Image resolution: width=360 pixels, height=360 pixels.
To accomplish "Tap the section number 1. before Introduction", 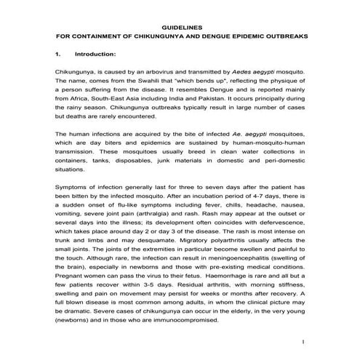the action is (58, 54).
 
